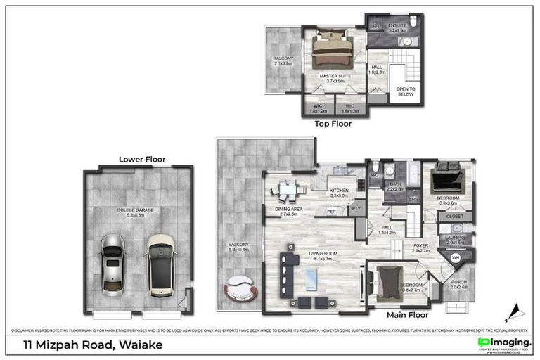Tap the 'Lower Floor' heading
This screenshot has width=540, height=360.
click(x=136, y=159)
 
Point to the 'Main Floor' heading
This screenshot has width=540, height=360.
click(x=408, y=316)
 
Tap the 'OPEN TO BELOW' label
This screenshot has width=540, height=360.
click(x=406, y=91)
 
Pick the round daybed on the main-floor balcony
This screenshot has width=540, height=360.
click(x=240, y=288)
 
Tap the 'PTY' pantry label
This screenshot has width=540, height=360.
click(x=356, y=209)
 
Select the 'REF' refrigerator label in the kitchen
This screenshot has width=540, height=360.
click(x=331, y=210)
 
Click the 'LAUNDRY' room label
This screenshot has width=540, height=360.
click(x=456, y=239)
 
